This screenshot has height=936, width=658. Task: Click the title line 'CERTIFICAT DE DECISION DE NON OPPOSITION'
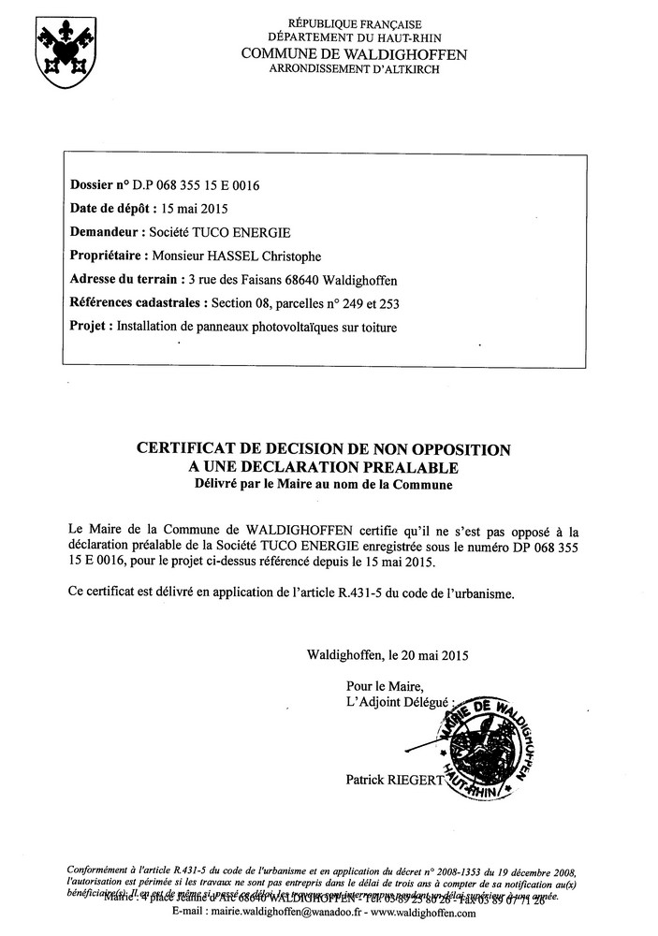pyautogui.click(x=323, y=450)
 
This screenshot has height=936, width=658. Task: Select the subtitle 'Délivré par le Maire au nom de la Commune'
pyautogui.click(x=323, y=485)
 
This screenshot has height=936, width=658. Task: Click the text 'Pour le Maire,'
pyautogui.click(x=377, y=686)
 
